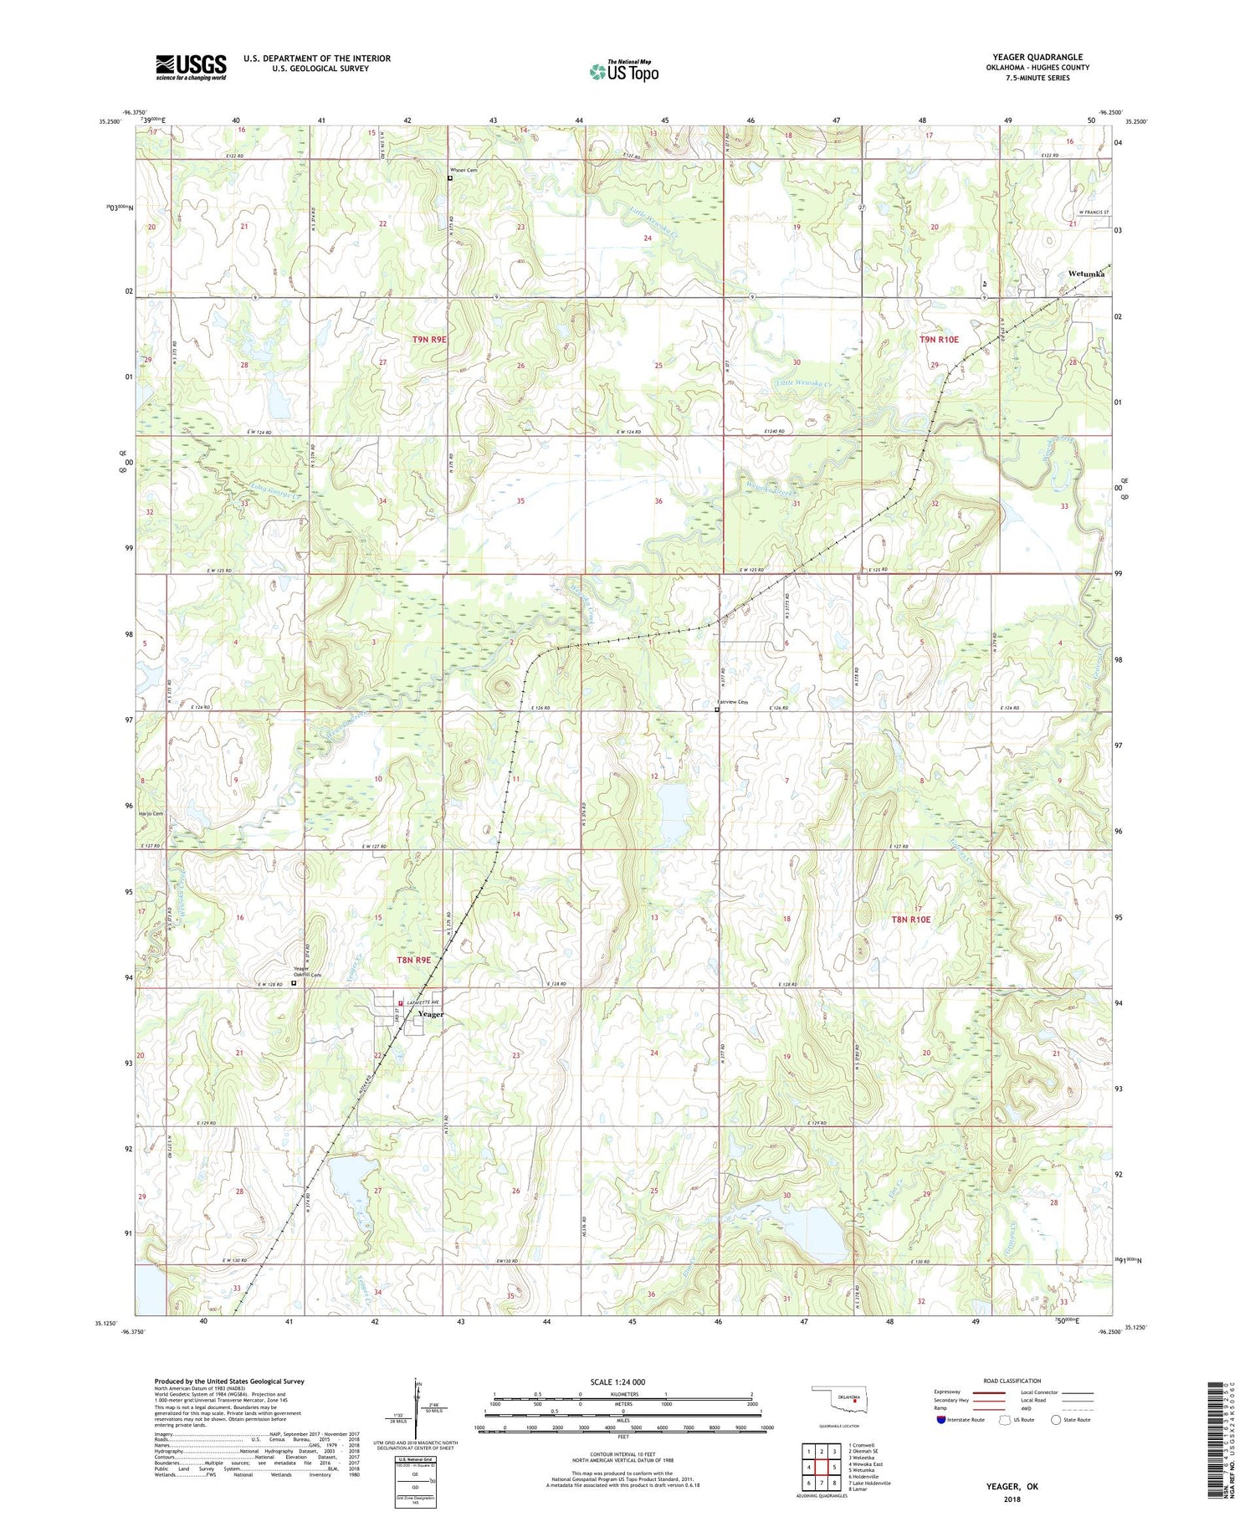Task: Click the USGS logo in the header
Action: (x=191, y=67)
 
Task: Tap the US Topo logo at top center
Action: (x=623, y=71)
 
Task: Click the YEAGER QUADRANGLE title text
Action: (x=1037, y=57)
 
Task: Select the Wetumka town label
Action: (x=1086, y=274)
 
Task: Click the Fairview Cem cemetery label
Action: (x=731, y=702)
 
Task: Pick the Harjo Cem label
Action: (x=151, y=814)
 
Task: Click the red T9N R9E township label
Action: (x=429, y=339)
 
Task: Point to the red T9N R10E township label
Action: (x=939, y=340)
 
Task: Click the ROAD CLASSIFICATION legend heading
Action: (x=1012, y=1381)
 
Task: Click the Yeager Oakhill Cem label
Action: (x=306, y=973)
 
